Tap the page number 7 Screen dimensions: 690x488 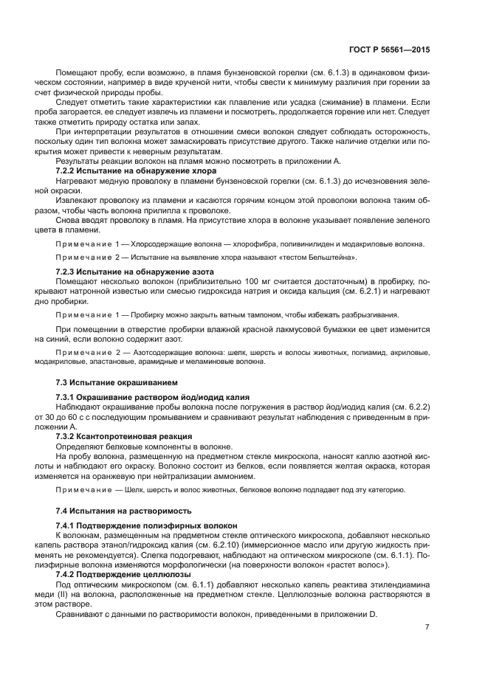427,627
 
